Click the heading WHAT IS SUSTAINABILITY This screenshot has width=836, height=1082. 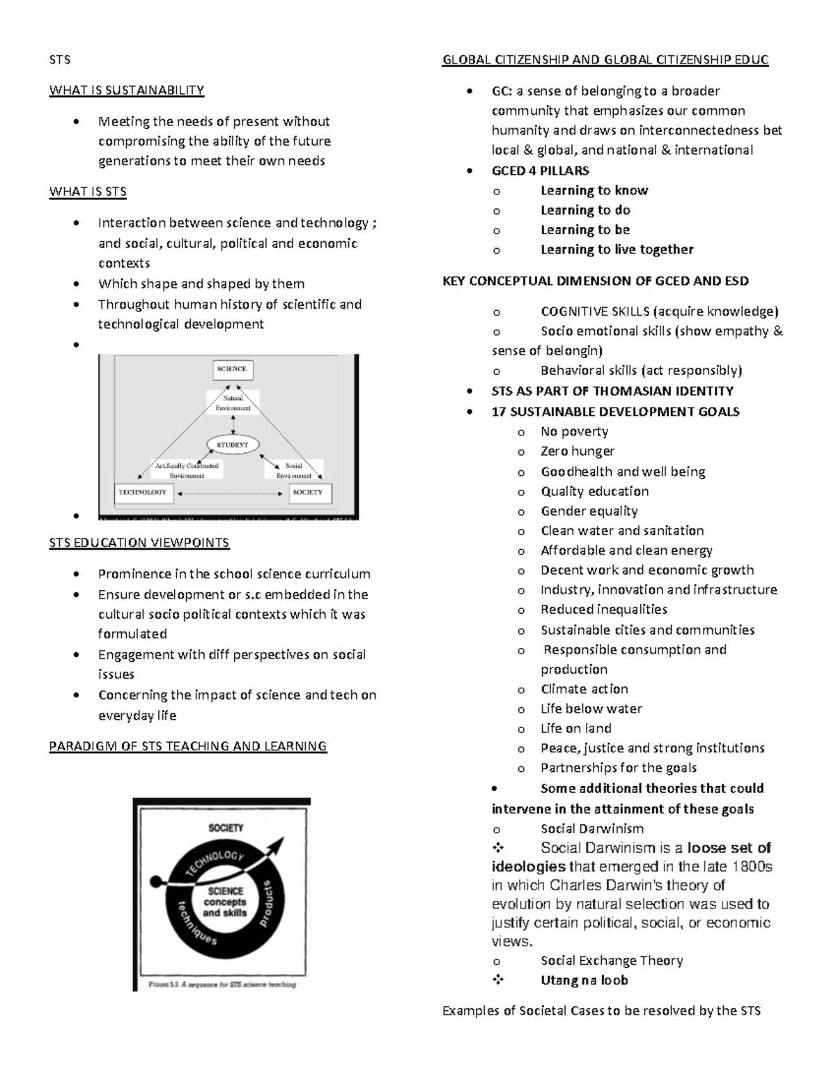point(126,90)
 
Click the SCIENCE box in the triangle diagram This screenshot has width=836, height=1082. point(231,369)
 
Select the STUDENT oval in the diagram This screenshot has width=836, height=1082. point(233,445)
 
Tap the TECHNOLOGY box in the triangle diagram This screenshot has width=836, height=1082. point(142,493)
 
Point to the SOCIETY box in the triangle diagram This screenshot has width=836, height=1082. point(307,493)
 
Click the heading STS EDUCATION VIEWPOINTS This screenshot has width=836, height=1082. point(139,543)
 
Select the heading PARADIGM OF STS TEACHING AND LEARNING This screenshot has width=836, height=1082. point(187,747)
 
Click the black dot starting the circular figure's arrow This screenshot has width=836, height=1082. point(156,879)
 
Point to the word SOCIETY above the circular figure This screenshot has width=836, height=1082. point(226,828)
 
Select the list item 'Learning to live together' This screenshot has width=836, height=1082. point(617,249)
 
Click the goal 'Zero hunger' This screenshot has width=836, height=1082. point(578,451)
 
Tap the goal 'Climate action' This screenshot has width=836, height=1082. point(584,689)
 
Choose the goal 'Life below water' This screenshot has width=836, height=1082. point(591,709)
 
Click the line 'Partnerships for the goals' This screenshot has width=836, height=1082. point(618,768)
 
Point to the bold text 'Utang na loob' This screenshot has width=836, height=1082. point(584,980)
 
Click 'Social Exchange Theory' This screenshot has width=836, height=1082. point(611,961)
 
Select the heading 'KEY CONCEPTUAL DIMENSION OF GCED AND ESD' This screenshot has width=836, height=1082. point(596,281)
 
